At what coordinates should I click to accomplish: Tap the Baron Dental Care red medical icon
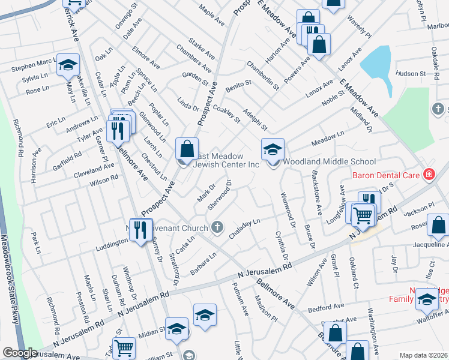coord(429,175)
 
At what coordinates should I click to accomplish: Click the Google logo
coord(20,353)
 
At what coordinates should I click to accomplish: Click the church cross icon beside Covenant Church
coord(217,227)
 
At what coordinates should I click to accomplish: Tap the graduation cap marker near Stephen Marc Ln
coord(68,64)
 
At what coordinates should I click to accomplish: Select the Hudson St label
coord(411,74)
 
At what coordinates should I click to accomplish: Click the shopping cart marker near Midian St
coord(124,347)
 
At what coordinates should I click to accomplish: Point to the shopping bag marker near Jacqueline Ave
coord(439,226)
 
